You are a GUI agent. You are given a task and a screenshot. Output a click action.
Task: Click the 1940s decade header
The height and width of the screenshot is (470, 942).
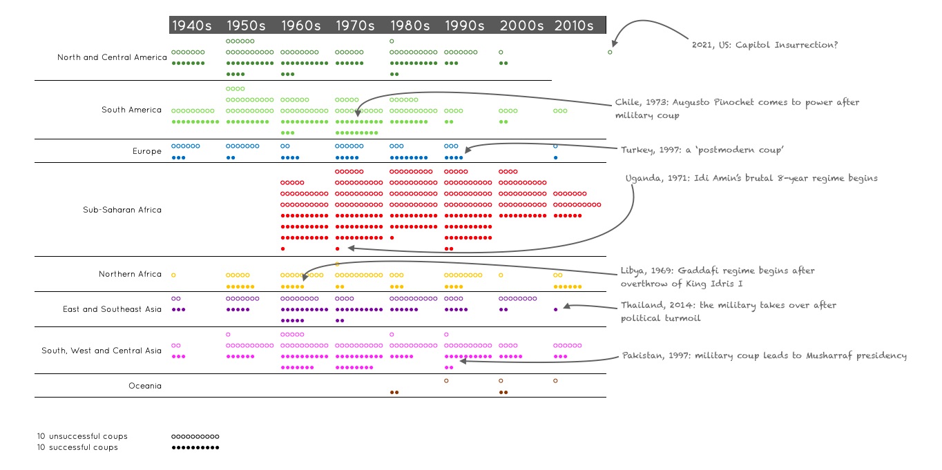click(x=191, y=26)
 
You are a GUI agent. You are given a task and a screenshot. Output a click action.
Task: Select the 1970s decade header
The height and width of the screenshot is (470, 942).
click(x=355, y=26)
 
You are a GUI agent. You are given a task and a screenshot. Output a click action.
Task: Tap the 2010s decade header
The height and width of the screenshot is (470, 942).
click(x=573, y=26)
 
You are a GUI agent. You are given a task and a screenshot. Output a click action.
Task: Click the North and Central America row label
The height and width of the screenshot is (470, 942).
click(x=112, y=57)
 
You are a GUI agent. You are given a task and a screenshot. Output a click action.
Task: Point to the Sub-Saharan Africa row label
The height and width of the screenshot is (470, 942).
click(x=122, y=210)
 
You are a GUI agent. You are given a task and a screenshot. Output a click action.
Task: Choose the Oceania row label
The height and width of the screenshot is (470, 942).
click(x=145, y=386)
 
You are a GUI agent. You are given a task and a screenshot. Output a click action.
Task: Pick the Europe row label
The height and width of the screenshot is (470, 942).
click(x=147, y=151)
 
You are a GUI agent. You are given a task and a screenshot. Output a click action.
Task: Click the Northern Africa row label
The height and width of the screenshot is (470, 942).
click(x=130, y=274)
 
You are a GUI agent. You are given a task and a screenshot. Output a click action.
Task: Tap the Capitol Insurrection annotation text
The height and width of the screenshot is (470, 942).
click(x=765, y=45)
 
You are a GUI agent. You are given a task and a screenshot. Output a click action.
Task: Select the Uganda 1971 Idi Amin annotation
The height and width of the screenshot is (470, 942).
click(x=751, y=178)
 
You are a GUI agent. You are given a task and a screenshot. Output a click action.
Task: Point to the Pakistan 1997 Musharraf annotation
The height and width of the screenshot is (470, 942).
click(x=764, y=355)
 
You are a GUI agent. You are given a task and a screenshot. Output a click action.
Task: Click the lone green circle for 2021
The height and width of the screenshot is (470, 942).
click(x=610, y=52)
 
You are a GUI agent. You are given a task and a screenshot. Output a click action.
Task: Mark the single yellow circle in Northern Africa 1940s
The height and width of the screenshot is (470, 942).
click(x=173, y=275)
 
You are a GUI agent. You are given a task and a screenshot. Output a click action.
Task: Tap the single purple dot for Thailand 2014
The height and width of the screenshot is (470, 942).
click(x=555, y=309)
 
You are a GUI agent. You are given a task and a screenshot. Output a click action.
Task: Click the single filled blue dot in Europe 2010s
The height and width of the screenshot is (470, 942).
click(x=555, y=158)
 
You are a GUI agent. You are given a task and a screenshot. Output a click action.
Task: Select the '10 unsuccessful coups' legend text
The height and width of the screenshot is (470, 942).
click(x=82, y=436)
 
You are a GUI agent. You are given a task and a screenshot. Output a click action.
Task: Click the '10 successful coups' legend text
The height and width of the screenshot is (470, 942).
click(x=77, y=447)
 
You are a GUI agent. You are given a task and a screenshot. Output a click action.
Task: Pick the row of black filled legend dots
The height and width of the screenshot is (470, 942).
click(x=195, y=448)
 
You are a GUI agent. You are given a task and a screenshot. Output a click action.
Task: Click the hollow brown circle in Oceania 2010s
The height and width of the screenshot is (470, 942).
click(x=555, y=380)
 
